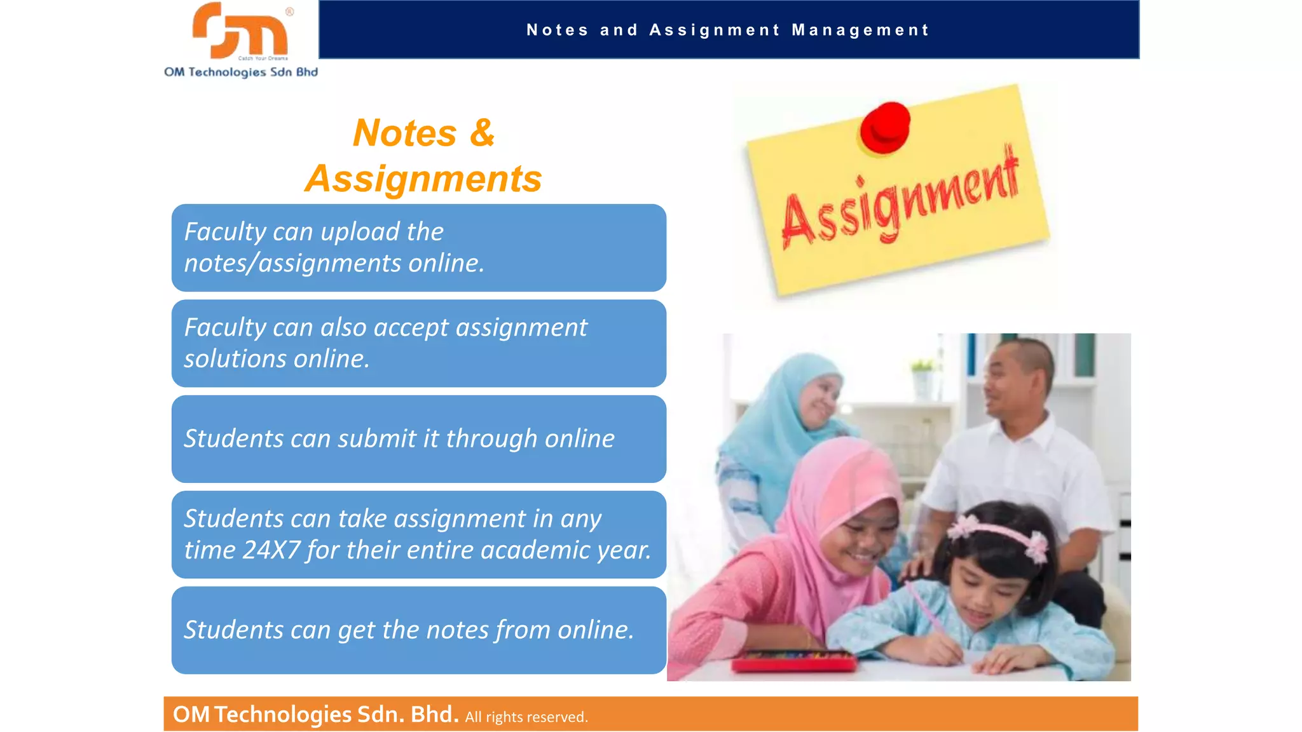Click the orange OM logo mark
point(240,30)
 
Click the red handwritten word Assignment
point(900,200)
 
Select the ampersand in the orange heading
point(482,133)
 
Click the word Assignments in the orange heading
point(423,179)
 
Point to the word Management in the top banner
point(860,30)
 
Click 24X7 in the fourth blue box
point(271,550)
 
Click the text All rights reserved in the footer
point(526,717)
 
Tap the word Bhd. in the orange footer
point(435,715)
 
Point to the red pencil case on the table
point(795,662)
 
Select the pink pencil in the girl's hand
point(928,610)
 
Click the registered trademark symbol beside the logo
point(290,11)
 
